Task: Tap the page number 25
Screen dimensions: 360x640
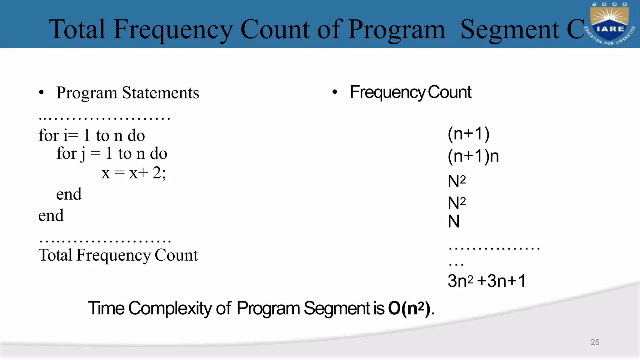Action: pos(595,342)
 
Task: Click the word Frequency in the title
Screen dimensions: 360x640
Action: pos(173,30)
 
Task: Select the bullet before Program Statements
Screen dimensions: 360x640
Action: pos(42,93)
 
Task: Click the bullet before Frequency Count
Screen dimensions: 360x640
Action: pos(335,92)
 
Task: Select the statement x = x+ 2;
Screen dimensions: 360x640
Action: pos(134,173)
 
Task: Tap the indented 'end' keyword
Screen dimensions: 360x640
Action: pos(69,194)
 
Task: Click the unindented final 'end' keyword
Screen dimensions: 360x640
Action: pos(51,216)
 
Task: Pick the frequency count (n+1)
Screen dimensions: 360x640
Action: pos(468,134)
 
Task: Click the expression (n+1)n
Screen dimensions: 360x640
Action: pos(473,156)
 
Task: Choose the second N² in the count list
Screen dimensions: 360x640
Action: pos(457,203)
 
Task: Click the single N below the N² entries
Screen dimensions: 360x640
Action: pos(454,222)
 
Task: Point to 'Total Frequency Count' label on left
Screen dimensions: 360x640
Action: pos(118,255)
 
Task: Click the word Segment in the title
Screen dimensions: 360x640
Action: pos(510,30)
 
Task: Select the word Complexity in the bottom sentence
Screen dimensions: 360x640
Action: pos(170,308)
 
